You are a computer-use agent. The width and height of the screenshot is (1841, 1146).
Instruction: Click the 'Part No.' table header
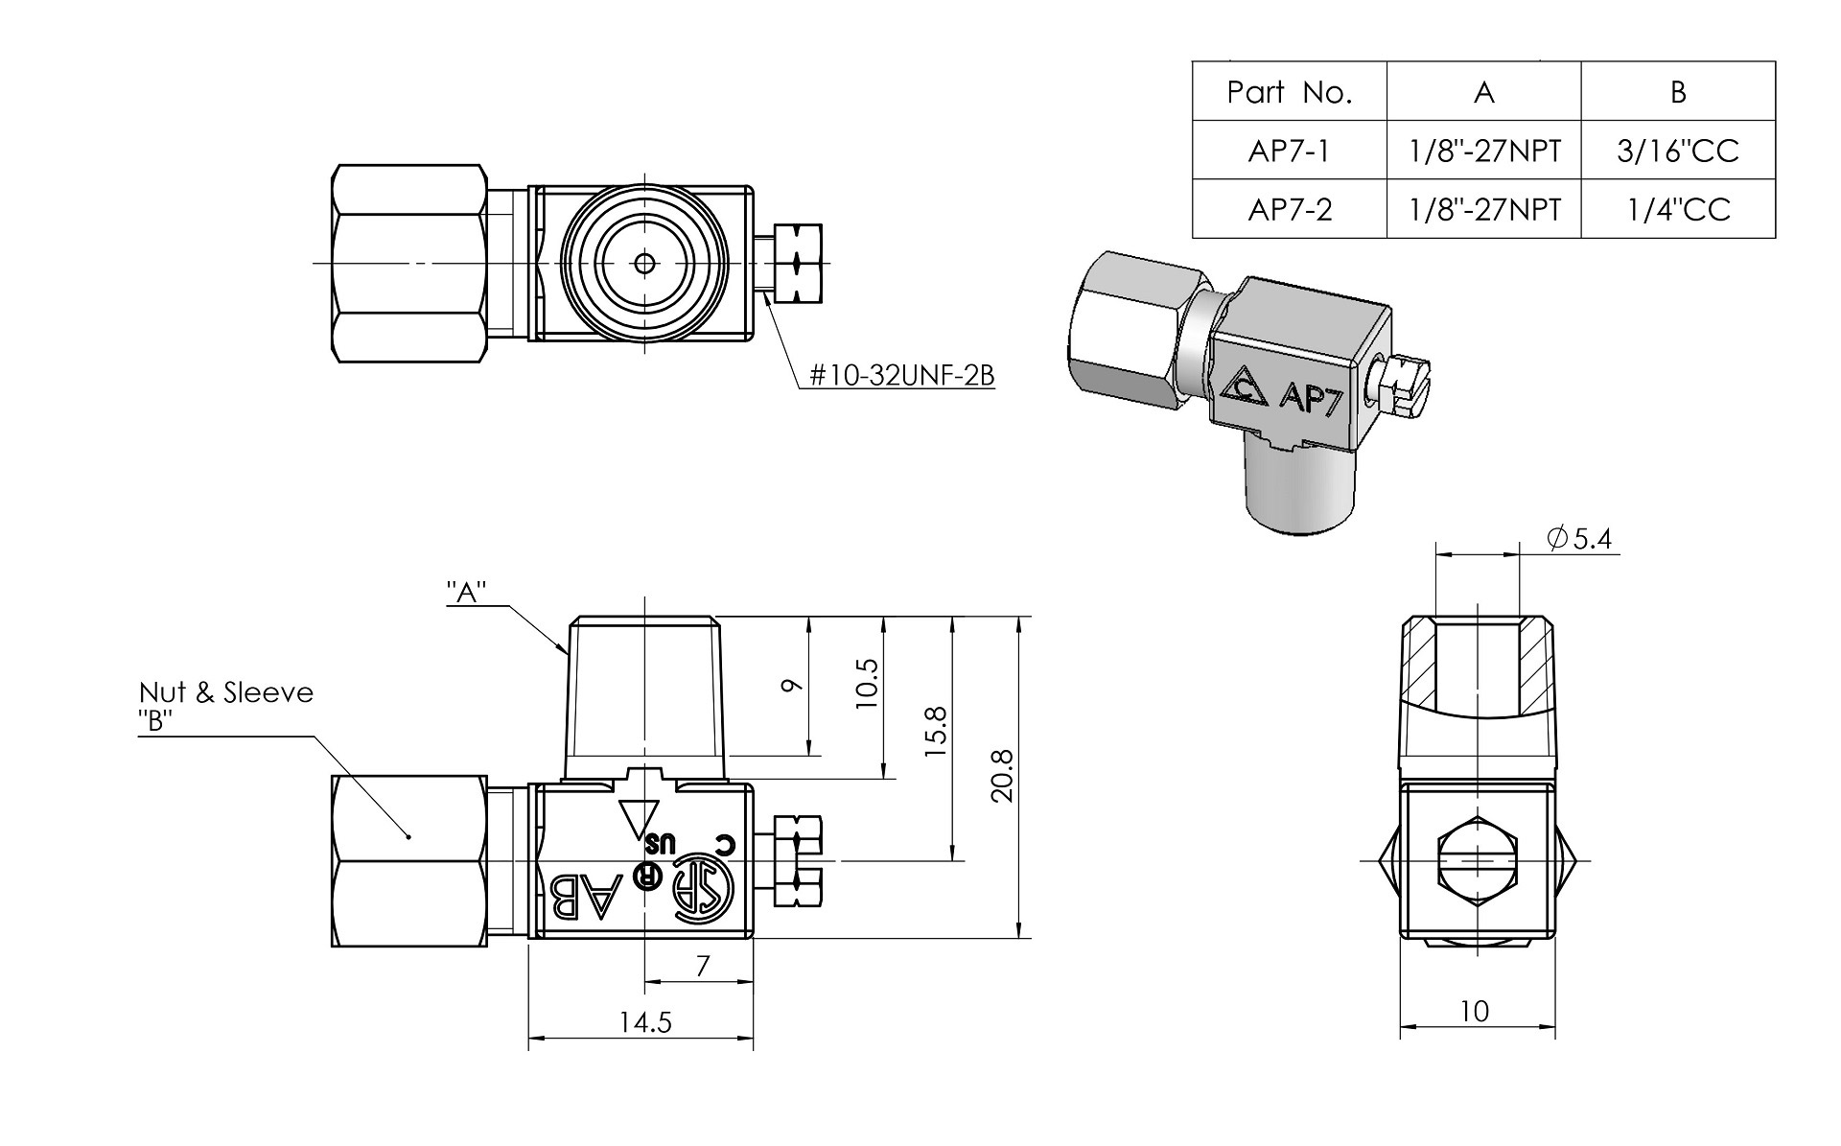[1289, 92]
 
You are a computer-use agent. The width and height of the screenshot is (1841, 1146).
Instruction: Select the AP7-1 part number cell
[1289, 152]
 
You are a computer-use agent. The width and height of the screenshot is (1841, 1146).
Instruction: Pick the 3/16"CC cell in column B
[1677, 152]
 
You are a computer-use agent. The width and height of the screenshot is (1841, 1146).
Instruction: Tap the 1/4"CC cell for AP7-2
[1677, 209]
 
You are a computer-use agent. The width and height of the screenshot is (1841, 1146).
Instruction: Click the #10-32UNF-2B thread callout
[901, 375]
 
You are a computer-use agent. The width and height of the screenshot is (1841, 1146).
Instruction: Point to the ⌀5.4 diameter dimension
[1579, 540]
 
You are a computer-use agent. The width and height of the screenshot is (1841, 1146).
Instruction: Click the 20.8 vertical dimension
[1003, 777]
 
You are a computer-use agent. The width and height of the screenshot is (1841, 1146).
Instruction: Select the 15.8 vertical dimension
[937, 733]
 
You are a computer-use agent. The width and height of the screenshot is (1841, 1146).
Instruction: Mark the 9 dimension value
[792, 685]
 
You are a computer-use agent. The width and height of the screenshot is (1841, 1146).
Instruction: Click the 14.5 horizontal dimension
[644, 1023]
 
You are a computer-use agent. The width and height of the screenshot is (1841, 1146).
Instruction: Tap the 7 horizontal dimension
[702, 967]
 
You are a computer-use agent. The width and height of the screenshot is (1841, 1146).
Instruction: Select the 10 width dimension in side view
[1474, 1011]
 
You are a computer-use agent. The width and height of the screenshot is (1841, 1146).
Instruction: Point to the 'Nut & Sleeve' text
[225, 692]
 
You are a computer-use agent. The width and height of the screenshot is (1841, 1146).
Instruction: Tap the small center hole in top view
[644, 262]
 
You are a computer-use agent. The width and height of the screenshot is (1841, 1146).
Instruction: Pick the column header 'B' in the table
[1677, 92]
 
